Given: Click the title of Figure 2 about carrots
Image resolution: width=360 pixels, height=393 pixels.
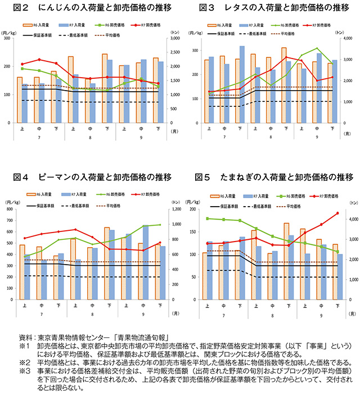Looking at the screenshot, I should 90,8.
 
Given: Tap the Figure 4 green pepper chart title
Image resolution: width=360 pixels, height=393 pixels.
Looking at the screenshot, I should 90,178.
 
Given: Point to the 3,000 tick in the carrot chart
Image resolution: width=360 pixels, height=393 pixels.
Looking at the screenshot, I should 174,38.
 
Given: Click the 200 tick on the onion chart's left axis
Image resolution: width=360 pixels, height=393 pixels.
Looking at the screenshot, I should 195,209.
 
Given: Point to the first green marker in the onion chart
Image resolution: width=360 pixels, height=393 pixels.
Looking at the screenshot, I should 208,218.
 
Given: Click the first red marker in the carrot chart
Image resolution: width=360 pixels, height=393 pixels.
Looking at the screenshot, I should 22,64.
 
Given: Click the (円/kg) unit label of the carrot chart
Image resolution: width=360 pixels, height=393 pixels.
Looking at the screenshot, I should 10,32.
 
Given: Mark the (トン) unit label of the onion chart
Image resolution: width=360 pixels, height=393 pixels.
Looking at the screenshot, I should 353,202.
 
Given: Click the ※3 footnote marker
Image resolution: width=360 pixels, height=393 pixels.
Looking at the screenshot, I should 24,372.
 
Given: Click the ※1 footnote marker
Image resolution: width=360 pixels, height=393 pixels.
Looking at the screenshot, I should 24,345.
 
